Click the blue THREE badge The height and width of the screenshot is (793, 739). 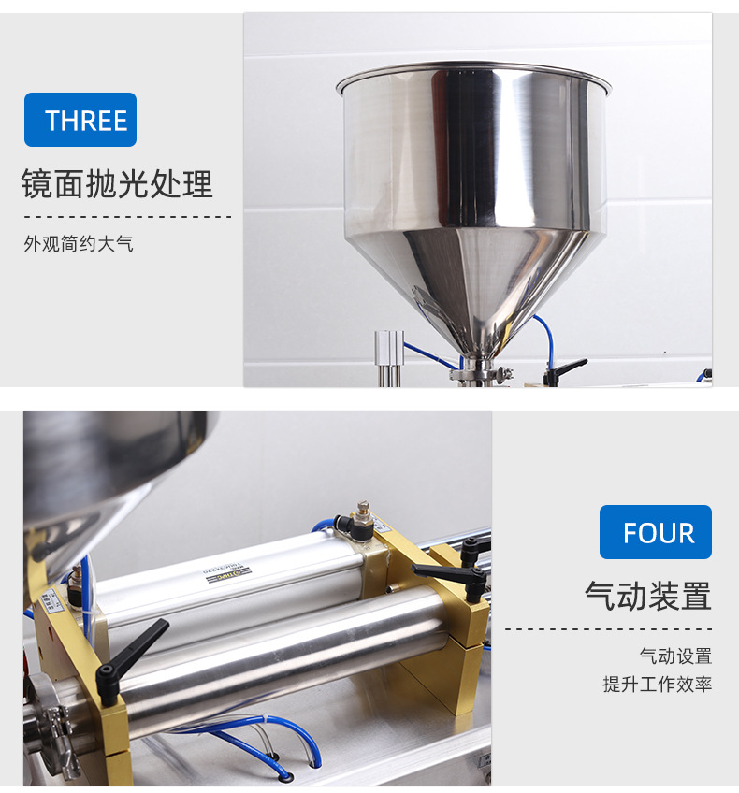pyautogui.click(x=80, y=120)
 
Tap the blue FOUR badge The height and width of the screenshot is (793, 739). pyautogui.click(x=656, y=532)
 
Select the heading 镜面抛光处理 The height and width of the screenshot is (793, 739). pyautogui.click(x=118, y=184)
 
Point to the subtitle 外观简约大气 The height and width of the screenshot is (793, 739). pyautogui.click(x=79, y=245)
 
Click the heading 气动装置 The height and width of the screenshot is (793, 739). pyautogui.click(x=647, y=596)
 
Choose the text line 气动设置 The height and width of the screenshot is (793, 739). pyautogui.click(x=675, y=656)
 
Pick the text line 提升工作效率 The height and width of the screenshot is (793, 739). pyautogui.click(x=657, y=685)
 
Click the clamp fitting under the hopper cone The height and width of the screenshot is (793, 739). pyautogui.click(x=481, y=375)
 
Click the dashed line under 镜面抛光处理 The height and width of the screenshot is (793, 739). pyautogui.click(x=126, y=216)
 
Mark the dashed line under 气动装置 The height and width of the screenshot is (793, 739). pyautogui.click(x=608, y=629)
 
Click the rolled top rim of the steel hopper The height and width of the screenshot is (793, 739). pyautogui.click(x=473, y=70)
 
